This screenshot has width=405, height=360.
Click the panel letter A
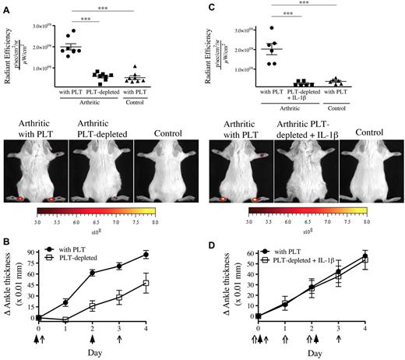(5, 6)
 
